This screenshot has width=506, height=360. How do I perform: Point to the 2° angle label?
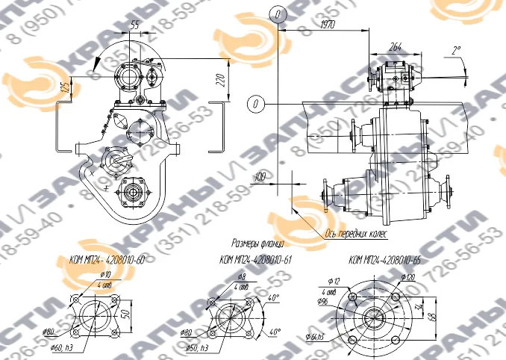click(456, 51)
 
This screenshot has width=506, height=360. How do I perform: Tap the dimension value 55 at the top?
click(134, 25)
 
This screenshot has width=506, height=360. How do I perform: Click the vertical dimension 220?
click(222, 79)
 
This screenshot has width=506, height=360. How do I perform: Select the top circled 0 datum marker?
click(278, 15)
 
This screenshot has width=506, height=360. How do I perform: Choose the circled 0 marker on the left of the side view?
click(256, 103)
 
